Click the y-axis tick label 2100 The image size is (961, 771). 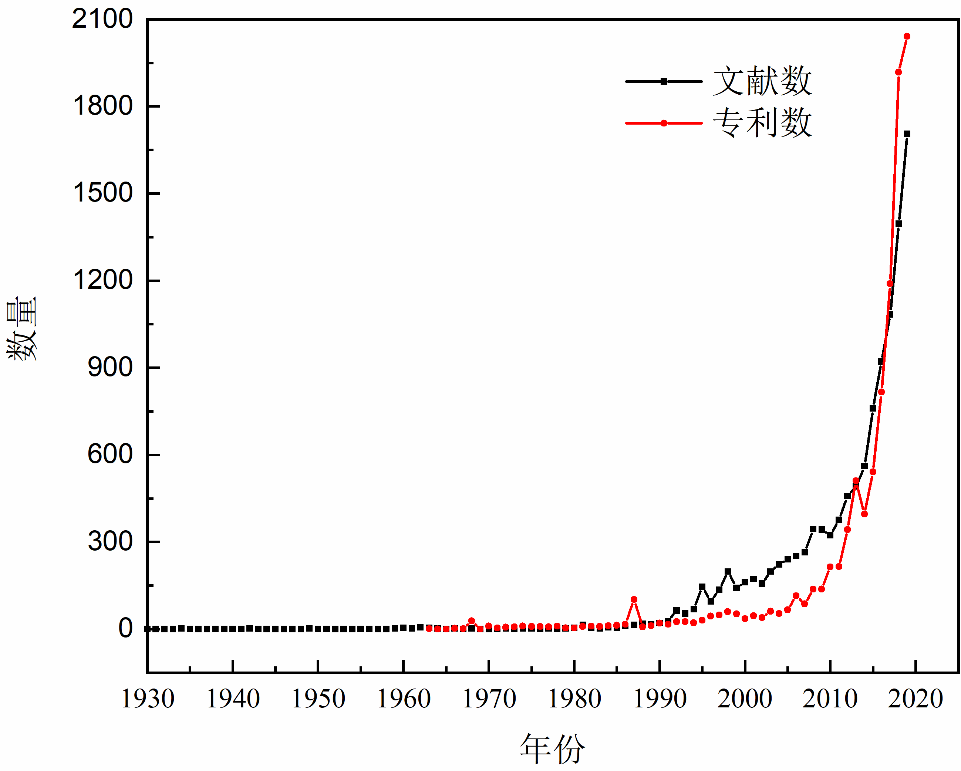click(102, 20)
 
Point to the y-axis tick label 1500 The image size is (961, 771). click(102, 193)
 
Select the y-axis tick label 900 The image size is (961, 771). click(109, 368)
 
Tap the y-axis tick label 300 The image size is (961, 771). click(109, 542)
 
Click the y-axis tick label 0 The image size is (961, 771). click(125, 628)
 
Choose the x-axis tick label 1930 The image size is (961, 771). click(148, 699)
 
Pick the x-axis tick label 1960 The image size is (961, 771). click(404, 699)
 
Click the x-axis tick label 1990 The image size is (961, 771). click(660, 699)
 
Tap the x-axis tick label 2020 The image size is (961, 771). click(915, 699)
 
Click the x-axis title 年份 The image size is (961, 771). click(552, 749)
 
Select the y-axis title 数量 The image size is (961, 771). click(21, 328)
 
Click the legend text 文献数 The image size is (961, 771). click(762, 81)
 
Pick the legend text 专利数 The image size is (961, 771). click(762, 123)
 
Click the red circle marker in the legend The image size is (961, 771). click(664, 124)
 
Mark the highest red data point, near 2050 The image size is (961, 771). click(907, 37)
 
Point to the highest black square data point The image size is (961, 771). click(907, 134)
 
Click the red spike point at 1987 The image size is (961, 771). click(634, 600)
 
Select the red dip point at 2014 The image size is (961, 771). click(864, 514)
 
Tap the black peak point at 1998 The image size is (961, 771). click(728, 572)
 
